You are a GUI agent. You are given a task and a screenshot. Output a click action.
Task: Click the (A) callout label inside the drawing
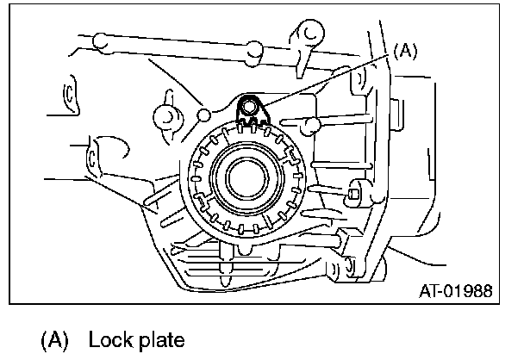405,51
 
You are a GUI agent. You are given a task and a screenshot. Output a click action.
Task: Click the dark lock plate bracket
250,111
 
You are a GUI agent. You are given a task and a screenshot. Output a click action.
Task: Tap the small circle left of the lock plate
205,114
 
